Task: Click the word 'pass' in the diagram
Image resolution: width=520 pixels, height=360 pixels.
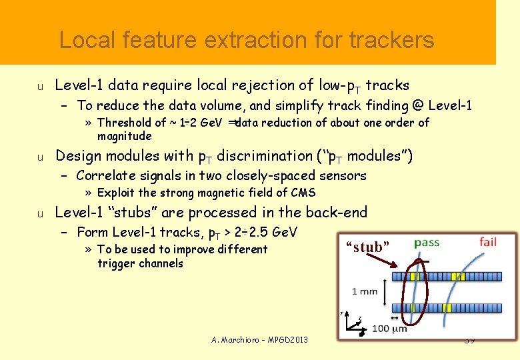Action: click(x=427, y=242)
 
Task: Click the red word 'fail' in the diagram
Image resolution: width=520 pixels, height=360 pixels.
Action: click(x=488, y=241)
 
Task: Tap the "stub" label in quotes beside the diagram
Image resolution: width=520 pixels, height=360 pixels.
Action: click(x=367, y=247)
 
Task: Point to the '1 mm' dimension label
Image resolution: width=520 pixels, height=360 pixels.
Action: click(x=364, y=291)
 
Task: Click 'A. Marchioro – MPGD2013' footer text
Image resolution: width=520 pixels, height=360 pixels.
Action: click(x=259, y=340)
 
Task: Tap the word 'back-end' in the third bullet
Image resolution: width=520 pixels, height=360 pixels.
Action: click(x=338, y=213)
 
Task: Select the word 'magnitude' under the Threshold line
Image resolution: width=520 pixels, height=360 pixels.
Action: click(x=125, y=136)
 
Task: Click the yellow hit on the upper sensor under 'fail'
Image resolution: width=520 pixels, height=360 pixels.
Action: click(x=458, y=276)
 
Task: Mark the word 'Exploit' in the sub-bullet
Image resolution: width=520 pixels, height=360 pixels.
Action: click(x=116, y=193)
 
